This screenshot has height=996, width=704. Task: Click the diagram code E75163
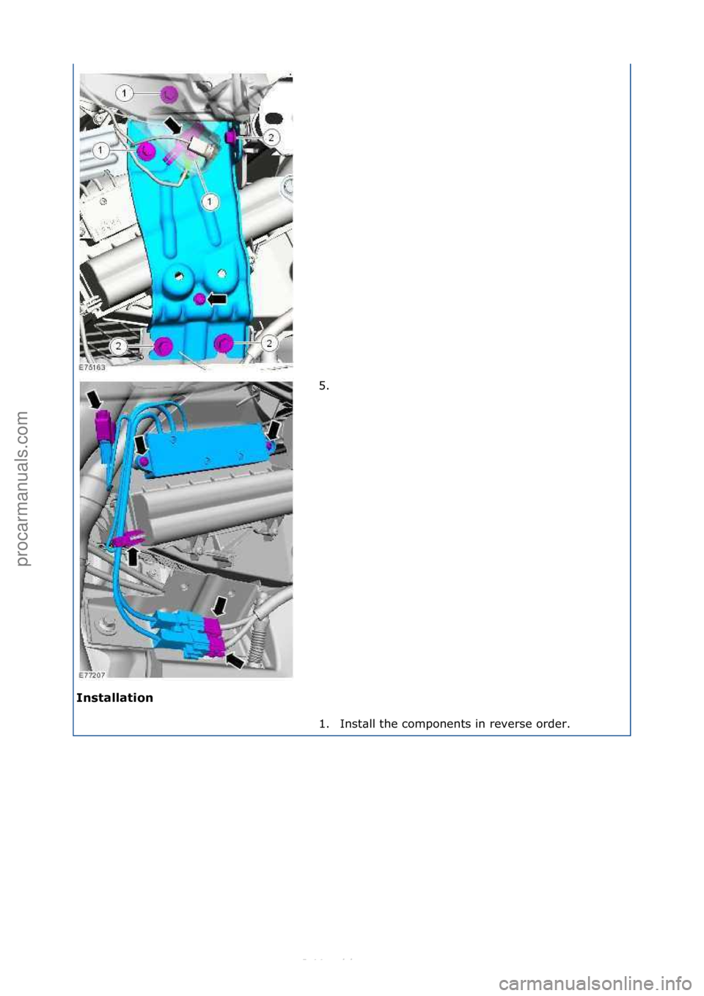(x=92, y=367)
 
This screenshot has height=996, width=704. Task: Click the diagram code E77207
(x=92, y=675)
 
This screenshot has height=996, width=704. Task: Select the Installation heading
(x=114, y=697)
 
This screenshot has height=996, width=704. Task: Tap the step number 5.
(x=323, y=385)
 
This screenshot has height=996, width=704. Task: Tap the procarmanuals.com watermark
(x=23, y=488)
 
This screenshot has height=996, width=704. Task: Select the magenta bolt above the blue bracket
(x=168, y=94)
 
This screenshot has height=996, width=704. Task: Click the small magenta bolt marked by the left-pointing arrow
(x=198, y=299)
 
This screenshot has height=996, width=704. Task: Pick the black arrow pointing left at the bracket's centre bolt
(x=219, y=299)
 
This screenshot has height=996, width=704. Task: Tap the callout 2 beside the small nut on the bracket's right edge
(x=271, y=137)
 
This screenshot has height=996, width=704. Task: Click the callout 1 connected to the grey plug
(x=210, y=201)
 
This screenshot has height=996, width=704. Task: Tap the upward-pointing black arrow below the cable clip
(x=133, y=557)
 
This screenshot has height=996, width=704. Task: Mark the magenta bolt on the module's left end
(x=144, y=461)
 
